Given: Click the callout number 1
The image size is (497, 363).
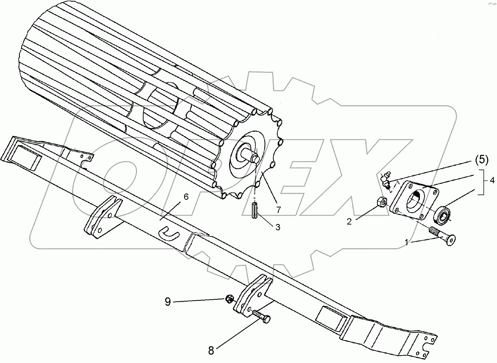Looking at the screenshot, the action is pos(407,243).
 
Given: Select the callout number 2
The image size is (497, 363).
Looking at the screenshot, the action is pos(349,221).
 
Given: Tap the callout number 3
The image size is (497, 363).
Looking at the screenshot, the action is pos(278,227).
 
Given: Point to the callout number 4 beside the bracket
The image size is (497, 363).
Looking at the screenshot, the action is pos(492,181).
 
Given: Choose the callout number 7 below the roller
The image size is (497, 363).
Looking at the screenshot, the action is pos(278,210).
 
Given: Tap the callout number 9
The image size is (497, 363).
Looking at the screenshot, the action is pos(167,302).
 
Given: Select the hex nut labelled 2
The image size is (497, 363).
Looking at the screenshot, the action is pos(381,202).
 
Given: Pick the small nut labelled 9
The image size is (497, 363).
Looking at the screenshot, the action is pos(229,299).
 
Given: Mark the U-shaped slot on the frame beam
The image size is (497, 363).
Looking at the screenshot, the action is pos(169,234).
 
